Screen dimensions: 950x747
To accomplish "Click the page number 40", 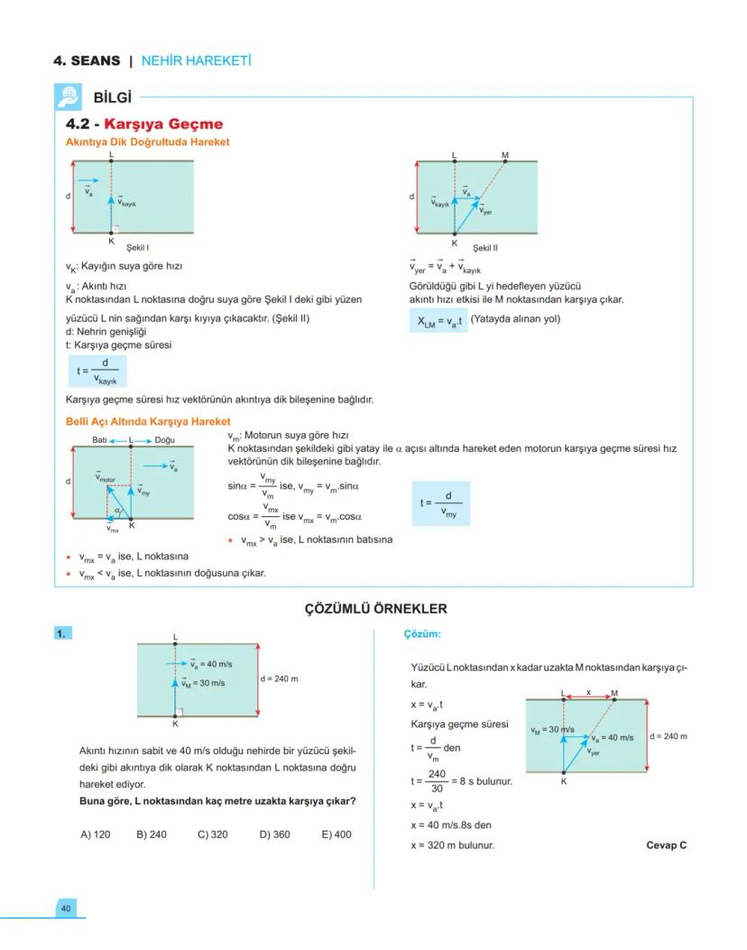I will pyautogui.click(x=66, y=908).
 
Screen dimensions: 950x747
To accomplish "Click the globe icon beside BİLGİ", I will pyautogui.click(x=68, y=97).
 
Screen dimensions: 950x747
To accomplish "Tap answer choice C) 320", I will pyautogui.click(x=213, y=835).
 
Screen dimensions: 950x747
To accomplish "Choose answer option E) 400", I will pyautogui.click(x=337, y=835).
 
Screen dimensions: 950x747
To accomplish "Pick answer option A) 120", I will pyautogui.click(x=96, y=835).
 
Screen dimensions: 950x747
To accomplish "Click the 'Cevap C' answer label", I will pyautogui.click(x=667, y=845).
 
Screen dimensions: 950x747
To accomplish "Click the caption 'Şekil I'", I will pyautogui.click(x=138, y=246).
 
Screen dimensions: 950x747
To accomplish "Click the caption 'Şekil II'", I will pyautogui.click(x=485, y=247).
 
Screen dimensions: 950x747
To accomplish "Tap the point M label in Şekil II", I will pyautogui.click(x=505, y=155).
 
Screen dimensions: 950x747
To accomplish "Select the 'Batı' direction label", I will pyautogui.click(x=100, y=440).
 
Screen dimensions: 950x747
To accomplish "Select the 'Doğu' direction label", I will pyautogui.click(x=165, y=440).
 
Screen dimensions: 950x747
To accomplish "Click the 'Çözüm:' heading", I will pyautogui.click(x=422, y=633).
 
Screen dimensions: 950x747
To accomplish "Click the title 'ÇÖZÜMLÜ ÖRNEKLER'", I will pyautogui.click(x=373, y=609).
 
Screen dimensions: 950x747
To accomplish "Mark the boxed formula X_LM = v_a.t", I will pyautogui.click(x=438, y=318).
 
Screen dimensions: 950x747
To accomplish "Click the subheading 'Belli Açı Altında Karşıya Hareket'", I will pyautogui.click(x=148, y=421).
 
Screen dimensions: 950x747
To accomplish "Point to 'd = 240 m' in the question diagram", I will pyautogui.click(x=280, y=678).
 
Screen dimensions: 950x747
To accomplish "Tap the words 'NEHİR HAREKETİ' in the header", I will pyautogui.click(x=196, y=61).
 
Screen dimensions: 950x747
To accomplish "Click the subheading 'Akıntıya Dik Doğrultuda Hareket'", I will pyautogui.click(x=147, y=142).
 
